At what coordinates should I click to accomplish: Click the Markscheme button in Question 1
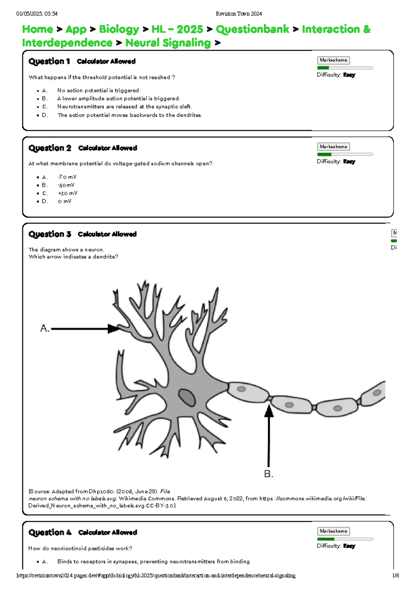(333, 60)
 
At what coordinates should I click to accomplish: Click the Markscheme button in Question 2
(333, 147)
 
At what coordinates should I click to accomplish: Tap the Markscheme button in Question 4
(333, 531)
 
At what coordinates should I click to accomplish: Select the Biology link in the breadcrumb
(119, 29)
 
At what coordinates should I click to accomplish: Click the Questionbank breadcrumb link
(252, 29)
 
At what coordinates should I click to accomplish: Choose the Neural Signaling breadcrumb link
(168, 43)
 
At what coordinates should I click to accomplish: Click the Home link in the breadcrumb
(37, 29)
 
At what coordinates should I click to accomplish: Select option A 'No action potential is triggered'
(99, 91)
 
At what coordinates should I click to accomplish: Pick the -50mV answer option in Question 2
(66, 185)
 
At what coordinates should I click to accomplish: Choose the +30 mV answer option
(67, 193)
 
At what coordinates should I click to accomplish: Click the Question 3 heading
(50, 234)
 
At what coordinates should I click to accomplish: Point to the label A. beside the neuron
(45, 328)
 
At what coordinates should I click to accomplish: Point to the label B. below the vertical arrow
(269, 474)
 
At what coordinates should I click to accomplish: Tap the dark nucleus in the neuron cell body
(187, 397)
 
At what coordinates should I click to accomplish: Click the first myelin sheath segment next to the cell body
(248, 392)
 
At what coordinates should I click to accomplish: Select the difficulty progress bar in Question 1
(345, 68)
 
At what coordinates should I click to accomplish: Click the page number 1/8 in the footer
(396, 575)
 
